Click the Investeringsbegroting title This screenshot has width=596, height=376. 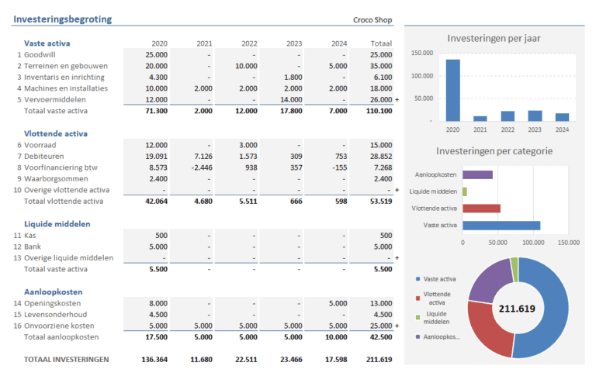coord(62,19)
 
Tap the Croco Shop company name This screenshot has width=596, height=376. coord(372,20)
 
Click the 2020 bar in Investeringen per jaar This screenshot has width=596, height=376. coord(452,90)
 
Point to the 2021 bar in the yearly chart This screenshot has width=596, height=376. coord(480,118)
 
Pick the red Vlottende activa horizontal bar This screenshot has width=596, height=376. coord(481,208)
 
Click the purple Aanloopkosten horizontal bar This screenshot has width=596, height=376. coord(477,174)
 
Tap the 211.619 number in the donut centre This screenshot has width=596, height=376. coord(518,309)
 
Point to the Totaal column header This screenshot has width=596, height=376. coord(380,43)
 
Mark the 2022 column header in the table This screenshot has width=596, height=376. coord(249,43)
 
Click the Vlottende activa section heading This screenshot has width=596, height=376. coord(56,133)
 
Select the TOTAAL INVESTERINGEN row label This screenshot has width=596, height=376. coord(67,360)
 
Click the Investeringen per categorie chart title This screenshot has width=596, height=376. coord(494,151)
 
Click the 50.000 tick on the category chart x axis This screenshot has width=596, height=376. coord(497,243)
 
